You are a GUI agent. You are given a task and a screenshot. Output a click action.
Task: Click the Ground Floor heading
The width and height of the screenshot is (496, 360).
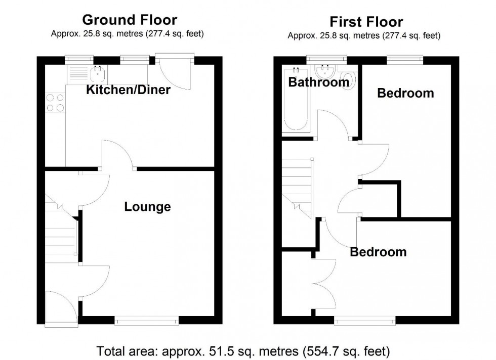click(x=130, y=20)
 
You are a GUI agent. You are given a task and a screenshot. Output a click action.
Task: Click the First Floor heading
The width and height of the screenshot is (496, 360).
click(x=366, y=22)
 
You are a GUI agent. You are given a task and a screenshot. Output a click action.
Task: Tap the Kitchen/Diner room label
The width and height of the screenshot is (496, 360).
click(x=128, y=91)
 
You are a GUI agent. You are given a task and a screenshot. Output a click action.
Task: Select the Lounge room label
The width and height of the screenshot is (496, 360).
click(x=147, y=207)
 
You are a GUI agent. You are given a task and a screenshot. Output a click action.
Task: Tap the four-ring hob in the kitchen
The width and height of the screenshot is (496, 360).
click(x=55, y=103)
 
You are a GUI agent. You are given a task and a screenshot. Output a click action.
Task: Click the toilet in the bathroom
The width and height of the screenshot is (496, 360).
click(x=349, y=81)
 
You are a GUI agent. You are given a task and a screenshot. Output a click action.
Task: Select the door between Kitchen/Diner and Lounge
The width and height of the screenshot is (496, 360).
click(x=118, y=154)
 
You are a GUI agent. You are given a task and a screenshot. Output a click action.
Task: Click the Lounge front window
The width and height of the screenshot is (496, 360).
click(x=147, y=320)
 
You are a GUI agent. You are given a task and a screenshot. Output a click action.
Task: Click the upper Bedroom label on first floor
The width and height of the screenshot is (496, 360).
click(x=405, y=93)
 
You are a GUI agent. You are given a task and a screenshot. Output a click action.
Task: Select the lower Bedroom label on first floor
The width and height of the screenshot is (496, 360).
click(x=378, y=252)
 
